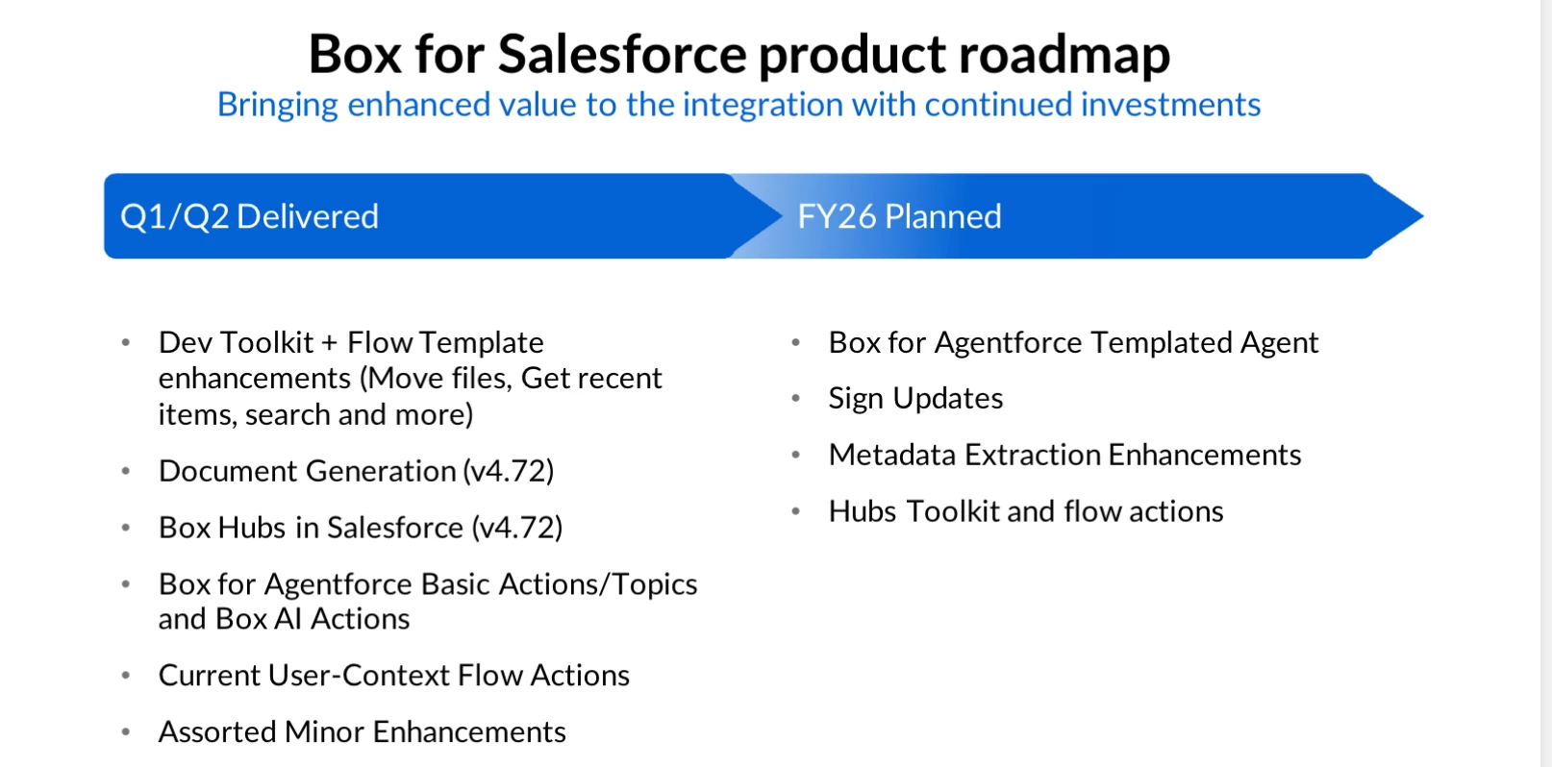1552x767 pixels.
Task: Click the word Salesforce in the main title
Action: click(x=621, y=54)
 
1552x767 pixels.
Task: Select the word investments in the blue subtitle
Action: click(x=1170, y=105)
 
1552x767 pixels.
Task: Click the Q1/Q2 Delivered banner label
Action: click(x=249, y=216)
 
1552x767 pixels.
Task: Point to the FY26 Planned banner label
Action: click(x=899, y=216)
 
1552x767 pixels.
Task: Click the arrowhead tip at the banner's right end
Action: click(x=1423, y=216)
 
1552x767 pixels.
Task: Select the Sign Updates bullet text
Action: click(x=915, y=399)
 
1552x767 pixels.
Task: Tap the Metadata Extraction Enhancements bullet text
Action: click(x=1064, y=455)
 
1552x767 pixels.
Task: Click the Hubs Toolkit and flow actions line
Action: click(x=1026, y=511)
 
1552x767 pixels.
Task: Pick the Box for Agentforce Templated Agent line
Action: click(x=1073, y=343)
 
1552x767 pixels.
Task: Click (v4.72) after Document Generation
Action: click(x=509, y=471)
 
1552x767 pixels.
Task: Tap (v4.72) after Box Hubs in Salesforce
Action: click(x=517, y=529)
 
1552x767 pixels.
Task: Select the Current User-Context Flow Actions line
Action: click(x=393, y=676)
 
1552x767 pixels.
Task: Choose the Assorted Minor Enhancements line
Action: click(x=362, y=732)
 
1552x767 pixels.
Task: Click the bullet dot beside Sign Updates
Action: click(x=795, y=399)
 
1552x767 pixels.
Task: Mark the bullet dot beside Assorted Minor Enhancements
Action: click(x=125, y=732)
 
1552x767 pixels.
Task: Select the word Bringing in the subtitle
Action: click(x=277, y=105)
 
